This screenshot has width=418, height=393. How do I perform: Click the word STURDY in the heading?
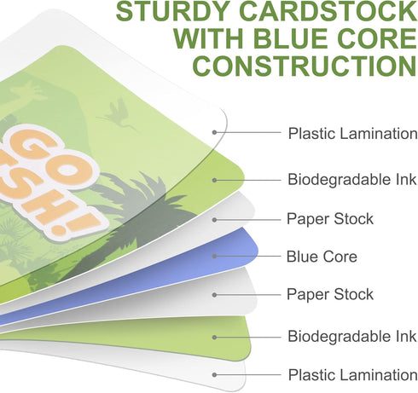point(172,11)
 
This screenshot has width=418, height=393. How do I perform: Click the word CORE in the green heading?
point(378,38)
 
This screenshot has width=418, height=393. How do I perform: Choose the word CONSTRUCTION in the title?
point(305,66)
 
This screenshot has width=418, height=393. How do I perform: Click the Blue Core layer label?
point(322,257)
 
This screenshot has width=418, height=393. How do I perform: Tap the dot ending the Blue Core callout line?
point(215,256)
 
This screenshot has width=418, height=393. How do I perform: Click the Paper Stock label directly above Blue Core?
point(330,219)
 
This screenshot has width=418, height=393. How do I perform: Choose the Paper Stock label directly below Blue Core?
point(330,294)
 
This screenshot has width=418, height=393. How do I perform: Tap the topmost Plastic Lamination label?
point(353,133)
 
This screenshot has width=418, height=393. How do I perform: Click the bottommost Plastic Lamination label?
point(353,374)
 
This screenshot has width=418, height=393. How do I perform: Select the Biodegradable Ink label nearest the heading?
point(352,180)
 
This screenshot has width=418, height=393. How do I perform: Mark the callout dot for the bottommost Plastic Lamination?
point(215,375)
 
